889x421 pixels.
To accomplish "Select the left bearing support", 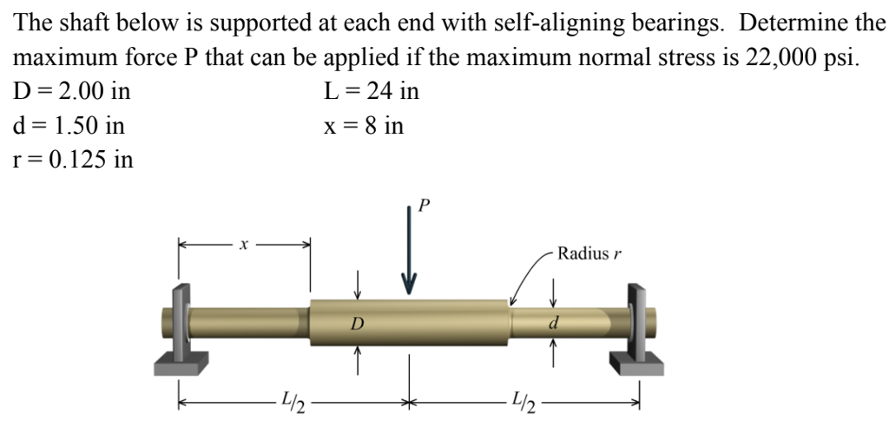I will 181,326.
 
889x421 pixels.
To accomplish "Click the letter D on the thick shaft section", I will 357,324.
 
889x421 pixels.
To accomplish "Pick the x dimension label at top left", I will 245,246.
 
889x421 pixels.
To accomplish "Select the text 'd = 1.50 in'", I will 69,126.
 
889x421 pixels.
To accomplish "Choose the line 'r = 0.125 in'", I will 75,161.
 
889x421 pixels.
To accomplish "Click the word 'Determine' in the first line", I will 786,23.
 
